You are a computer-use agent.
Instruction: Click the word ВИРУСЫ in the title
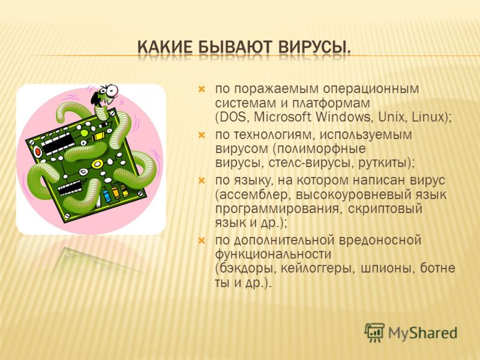[314, 48]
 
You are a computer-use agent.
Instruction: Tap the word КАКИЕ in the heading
[164, 48]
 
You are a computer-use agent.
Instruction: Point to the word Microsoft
[283, 117]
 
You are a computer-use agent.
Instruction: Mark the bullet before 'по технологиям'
[201, 135]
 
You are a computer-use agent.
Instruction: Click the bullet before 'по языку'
[201, 181]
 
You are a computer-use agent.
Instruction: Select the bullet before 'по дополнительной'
[201, 241]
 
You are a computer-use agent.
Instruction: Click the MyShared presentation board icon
[374, 332]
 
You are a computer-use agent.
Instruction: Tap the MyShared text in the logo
[422, 333]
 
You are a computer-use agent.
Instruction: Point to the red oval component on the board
[38, 152]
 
